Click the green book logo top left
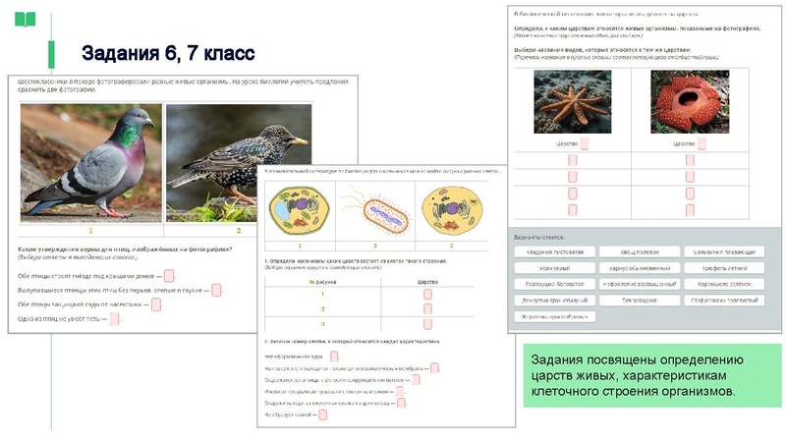25,19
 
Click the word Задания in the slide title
116,52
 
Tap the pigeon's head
138,120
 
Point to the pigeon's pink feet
116,211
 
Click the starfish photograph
572,101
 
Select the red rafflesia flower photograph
690,101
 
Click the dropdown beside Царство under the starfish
586,143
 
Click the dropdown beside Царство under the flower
703,143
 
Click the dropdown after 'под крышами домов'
170,276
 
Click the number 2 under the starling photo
237,231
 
